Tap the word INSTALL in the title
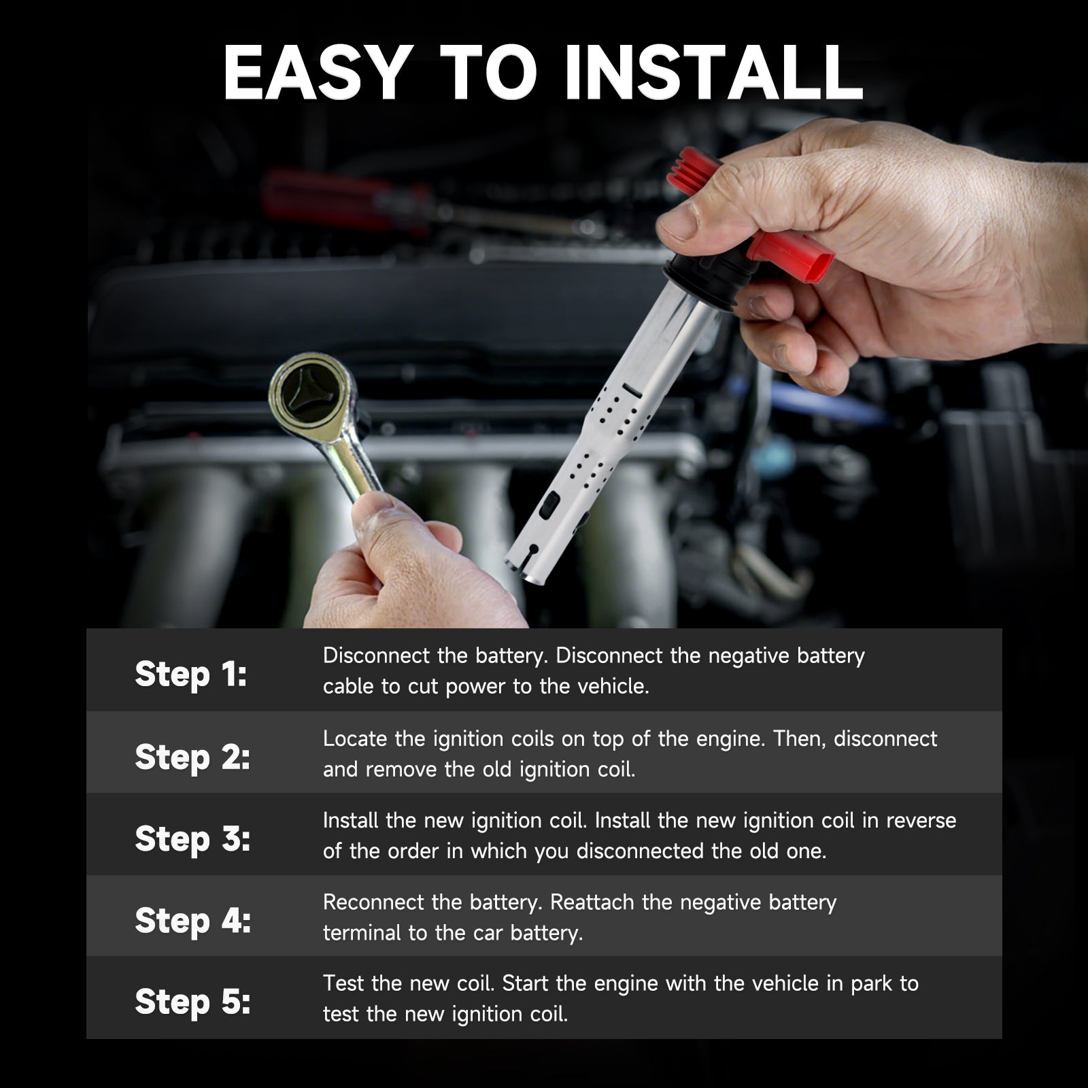point(714,73)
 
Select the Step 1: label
point(191,674)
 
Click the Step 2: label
point(192,757)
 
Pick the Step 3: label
point(192,838)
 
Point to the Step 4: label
point(193,921)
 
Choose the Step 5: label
point(192,1002)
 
